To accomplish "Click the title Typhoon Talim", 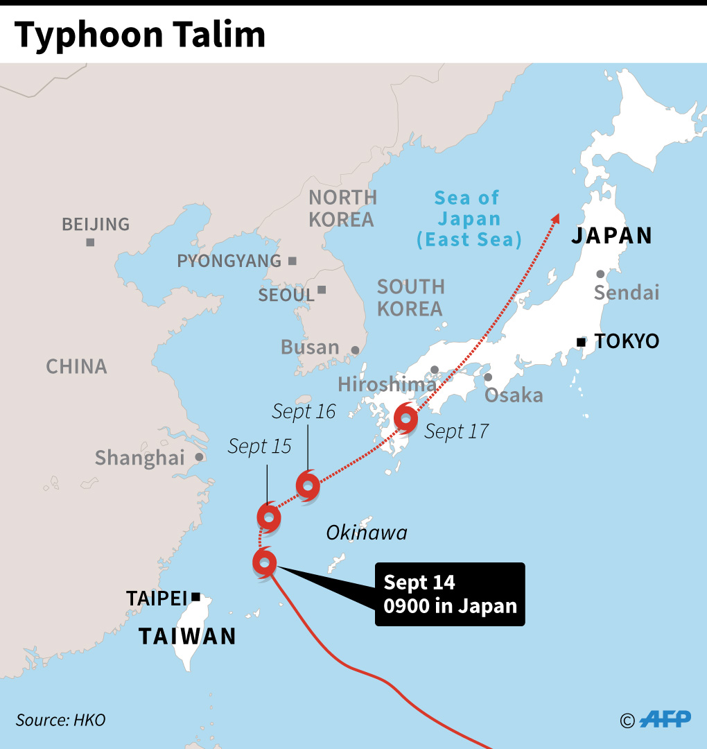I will [140, 35].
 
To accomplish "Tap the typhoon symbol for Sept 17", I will [405, 418].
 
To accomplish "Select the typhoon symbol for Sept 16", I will [308, 485].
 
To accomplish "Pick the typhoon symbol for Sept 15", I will [268, 517].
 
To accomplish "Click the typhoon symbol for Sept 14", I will [265, 562].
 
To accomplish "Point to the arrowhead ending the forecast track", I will [556, 218].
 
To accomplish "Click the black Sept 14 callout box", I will [450, 594].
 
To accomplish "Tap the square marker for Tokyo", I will [581, 341].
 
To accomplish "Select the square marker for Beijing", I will [90, 242].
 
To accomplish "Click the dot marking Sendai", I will [600, 274].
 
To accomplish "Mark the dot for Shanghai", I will [200, 457].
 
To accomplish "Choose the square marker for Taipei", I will [196, 596].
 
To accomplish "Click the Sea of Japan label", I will [468, 218].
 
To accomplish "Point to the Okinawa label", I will [367, 533].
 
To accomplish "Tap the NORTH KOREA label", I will [342, 208].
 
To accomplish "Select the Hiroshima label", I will [387, 384].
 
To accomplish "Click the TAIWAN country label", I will [187, 635].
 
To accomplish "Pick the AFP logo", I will [665, 719].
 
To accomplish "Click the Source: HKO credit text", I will [61, 720].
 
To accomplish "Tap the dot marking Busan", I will [356, 350].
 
